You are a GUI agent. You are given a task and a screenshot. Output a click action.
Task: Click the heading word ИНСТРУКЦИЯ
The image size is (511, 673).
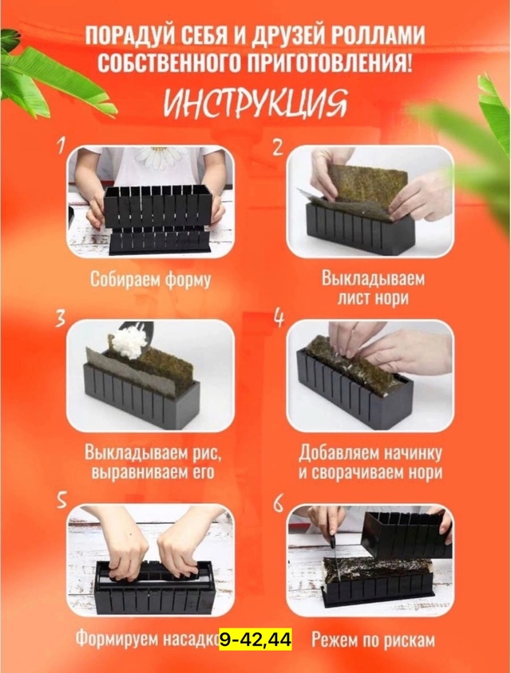pos(255,103)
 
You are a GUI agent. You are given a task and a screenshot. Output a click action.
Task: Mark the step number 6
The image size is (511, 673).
pos(279,502)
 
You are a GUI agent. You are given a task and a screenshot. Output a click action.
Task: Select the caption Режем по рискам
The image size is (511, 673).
pos(373,639)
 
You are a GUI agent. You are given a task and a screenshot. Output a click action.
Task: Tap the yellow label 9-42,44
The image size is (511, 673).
pos(255,639)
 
